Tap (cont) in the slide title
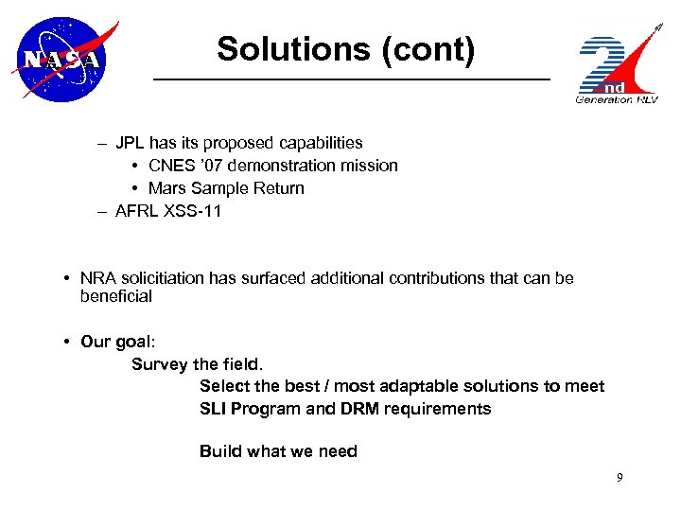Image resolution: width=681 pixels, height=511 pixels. coord(428,49)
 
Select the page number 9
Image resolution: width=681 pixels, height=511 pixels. coord(620,478)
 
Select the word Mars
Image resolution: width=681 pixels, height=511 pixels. coord(168,188)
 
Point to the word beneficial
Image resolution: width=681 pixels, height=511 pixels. coord(116,296)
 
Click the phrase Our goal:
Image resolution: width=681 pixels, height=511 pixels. coord(113,342)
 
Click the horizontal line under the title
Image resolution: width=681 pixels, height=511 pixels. coord(352,79)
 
